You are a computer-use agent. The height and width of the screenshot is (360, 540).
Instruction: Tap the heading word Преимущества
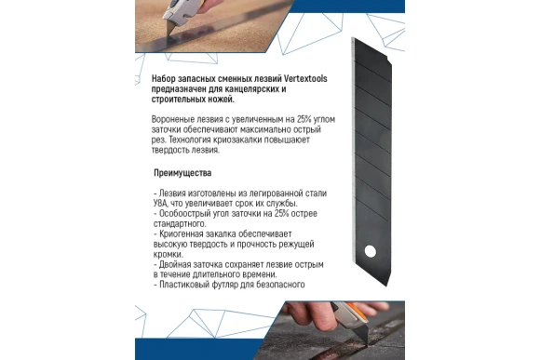[x=183, y=173]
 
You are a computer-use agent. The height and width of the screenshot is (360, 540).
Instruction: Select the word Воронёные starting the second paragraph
[x=171, y=120]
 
